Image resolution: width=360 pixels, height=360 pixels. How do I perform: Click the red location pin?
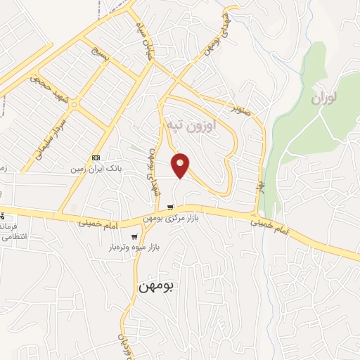coord(181,165)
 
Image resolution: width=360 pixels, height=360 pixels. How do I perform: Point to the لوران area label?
coord(325,98)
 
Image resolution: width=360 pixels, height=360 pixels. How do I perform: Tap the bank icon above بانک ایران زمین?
coord(96,157)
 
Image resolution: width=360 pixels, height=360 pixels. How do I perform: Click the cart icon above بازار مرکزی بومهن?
coord(171,207)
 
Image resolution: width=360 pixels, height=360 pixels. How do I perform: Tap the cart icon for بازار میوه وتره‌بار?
coord(134,236)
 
